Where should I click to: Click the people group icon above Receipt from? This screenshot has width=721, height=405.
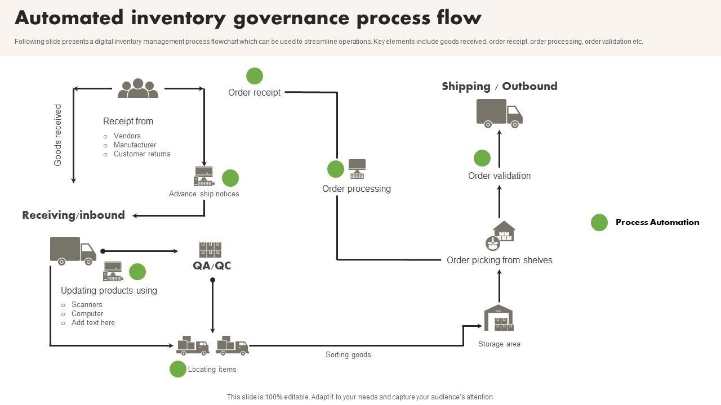pos(138,89)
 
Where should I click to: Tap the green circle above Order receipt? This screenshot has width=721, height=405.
pos(255,76)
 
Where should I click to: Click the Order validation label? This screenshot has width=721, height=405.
pos(499,175)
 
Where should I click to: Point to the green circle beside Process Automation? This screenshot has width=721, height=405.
pos(599,223)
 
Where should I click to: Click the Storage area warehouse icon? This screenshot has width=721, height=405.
pos(499,318)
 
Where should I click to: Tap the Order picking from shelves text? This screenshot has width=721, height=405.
pos(499,260)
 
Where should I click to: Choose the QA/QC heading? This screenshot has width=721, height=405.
pos(212,265)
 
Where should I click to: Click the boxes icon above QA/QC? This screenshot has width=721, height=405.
pos(210,249)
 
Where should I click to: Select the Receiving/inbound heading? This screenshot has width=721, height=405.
pos(73,215)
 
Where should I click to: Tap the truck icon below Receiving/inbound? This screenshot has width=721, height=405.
pos(73,250)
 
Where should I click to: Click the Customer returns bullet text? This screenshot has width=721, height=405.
pos(142,154)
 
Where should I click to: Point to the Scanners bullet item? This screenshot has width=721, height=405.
pos(87,305)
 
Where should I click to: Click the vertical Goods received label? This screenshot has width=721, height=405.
pos(58,135)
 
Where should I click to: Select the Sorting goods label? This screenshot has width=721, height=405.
pos(348,355)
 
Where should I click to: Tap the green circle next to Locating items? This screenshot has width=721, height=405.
pos(178,369)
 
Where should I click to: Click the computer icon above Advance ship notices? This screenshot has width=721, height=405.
pos(204,176)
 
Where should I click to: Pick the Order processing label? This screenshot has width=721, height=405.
pos(356,188)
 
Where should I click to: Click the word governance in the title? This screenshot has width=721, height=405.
pos(292,18)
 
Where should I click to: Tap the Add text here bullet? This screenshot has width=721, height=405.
pos(93,323)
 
